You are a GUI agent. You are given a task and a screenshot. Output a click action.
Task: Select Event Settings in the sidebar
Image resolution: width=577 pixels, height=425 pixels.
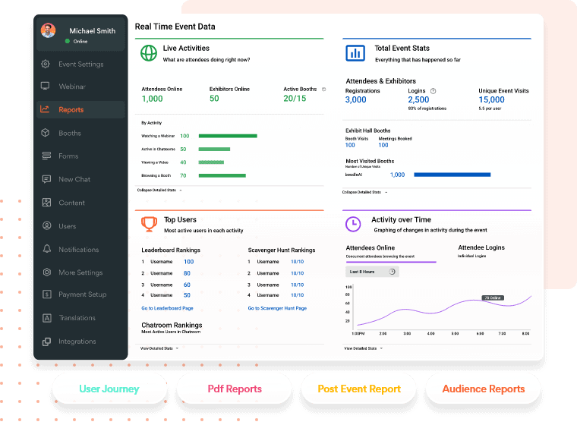coord(80,65)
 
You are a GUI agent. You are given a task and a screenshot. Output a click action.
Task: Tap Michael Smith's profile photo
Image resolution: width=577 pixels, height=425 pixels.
coord(49,31)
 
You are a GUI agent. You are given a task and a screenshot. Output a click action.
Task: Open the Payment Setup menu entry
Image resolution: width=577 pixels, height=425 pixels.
coord(82,294)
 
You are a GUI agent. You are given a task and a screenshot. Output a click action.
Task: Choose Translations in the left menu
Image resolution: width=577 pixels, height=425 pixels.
coord(77,318)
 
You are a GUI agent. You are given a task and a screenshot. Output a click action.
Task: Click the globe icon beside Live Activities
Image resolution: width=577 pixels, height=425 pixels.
coord(148,53)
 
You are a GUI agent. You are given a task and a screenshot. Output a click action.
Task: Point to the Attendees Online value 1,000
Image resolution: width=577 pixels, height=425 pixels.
coord(152,99)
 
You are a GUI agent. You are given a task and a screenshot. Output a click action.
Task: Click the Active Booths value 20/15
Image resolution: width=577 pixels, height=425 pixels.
coord(295,99)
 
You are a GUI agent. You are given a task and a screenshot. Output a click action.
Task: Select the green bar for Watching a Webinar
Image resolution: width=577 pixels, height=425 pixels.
coord(228,136)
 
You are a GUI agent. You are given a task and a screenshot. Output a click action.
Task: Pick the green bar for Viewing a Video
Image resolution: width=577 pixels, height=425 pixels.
coord(212,162)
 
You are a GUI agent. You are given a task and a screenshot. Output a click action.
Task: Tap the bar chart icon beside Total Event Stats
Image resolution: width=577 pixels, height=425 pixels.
coord(355,53)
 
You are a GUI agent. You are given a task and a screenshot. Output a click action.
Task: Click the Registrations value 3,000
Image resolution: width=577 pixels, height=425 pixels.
coord(355,100)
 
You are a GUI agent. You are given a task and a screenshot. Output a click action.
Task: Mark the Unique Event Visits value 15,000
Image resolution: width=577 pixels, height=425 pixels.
coord(491,100)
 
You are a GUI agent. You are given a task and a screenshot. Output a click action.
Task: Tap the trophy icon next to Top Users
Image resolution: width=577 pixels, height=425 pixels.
coord(149,223)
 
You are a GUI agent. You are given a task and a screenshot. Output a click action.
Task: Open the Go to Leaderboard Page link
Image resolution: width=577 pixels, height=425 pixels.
coord(167,308)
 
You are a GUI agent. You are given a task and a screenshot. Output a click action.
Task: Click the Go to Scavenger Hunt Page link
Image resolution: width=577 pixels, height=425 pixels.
coord(277,308)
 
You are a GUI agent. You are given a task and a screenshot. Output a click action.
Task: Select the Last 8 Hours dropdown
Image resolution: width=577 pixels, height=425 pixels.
coord(371,272)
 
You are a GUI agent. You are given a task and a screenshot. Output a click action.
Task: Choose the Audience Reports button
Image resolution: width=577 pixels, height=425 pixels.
coord(484,389)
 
